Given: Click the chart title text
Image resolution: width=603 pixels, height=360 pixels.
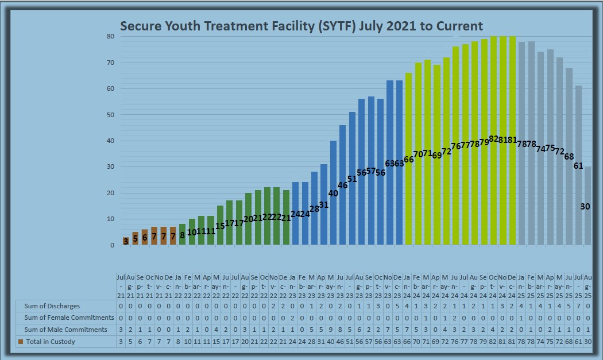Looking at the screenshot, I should point(301,26).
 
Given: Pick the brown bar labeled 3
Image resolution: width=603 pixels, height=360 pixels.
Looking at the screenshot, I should point(126,241).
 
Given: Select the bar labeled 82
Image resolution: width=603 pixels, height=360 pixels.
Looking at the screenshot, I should point(493,140).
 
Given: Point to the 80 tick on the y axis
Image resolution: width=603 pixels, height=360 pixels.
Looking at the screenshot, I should point(110,36).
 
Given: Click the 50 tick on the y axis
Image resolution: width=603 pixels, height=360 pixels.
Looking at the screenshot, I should point(110,115).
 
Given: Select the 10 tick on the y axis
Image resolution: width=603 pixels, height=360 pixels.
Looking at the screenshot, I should point(110,219).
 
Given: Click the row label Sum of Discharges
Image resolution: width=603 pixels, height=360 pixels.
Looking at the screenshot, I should point(52,306).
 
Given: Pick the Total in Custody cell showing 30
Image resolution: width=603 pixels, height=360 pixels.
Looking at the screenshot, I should point(587,342).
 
